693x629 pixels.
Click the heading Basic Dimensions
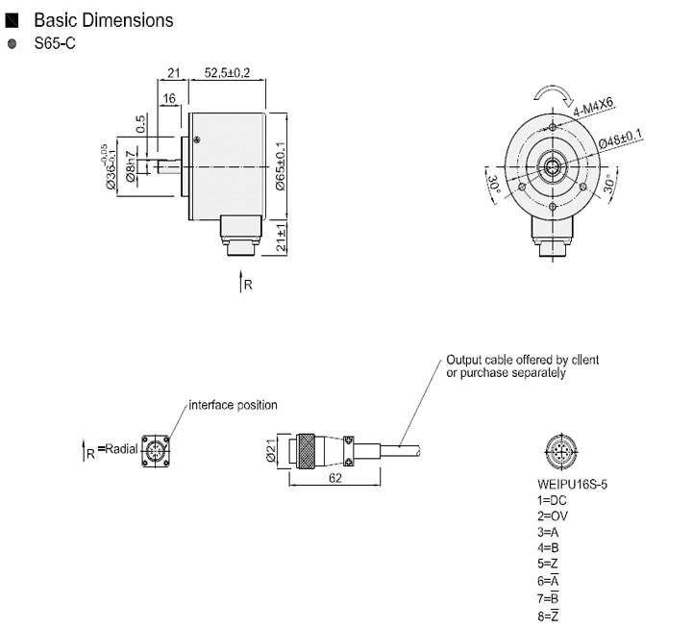103,19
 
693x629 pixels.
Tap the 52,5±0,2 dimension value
228,72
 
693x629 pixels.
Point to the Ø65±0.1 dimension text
280,166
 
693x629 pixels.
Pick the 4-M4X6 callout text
594,106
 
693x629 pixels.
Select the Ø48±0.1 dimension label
621,138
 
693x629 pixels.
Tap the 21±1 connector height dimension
281,236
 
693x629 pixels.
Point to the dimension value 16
168,99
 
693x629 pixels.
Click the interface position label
233,405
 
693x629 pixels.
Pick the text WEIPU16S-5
572,485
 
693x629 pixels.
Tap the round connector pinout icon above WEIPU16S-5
557,450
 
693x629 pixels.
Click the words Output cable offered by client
522,360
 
